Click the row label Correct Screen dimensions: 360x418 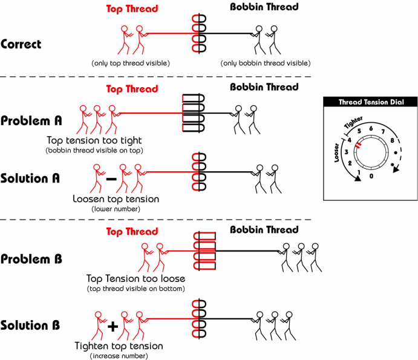21,44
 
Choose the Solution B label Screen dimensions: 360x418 30,326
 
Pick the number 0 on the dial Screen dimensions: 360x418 371,175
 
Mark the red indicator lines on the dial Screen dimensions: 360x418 358,146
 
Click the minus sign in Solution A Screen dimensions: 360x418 111,178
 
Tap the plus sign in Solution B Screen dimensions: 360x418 113,327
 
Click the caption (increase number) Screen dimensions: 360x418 119,356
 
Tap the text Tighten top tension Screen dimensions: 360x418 119,346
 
